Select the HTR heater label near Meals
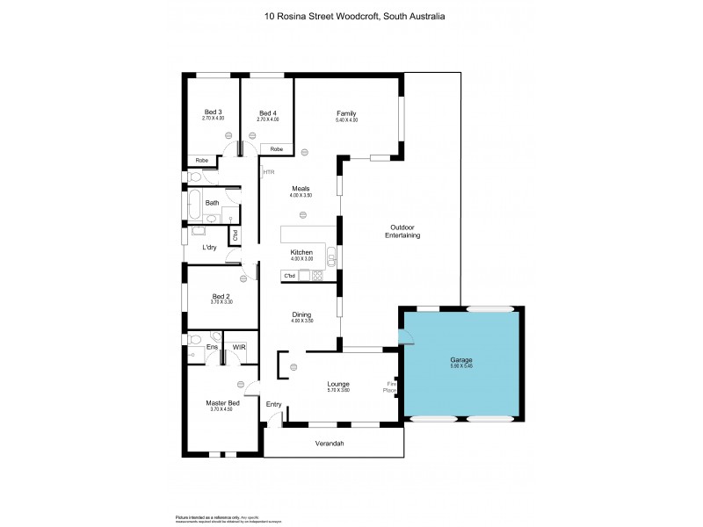[x=268, y=172]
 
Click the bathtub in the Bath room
[x=193, y=203]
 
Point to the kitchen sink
[x=330, y=257]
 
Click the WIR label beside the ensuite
[x=239, y=348]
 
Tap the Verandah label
[x=330, y=444]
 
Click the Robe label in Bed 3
[x=201, y=160]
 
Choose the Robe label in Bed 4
[x=276, y=149]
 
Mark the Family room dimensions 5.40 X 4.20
[x=345, y=119]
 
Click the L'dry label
[x=210, y=247]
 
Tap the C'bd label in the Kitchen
[x=289, y=277]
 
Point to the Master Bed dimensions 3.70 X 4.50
[x=222, y=409]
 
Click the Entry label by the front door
[x=273, y=405]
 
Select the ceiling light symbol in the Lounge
[x=294, y=366]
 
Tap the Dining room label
[x=301, y=314]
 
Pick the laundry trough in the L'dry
[x=199, y=231]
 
